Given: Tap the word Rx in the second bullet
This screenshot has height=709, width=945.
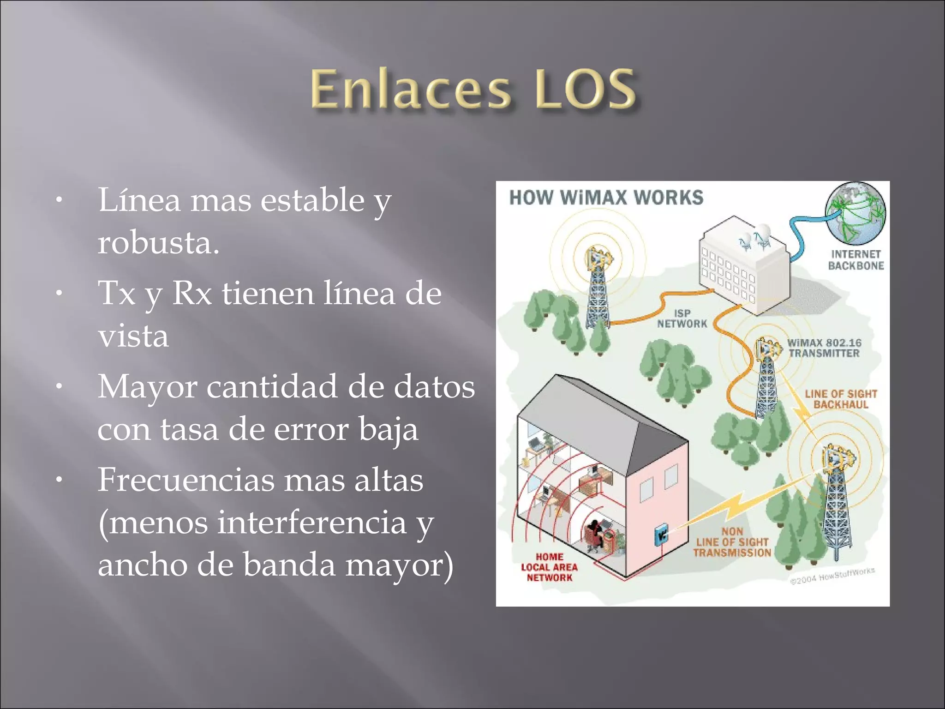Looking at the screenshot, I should (x=192, y=294).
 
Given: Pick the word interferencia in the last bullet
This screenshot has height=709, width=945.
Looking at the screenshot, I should (x=311, y=523).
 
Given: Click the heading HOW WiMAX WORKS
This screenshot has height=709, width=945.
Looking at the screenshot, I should (x=606, y=198).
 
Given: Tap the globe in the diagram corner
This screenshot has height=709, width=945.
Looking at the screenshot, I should (x=855, y=213).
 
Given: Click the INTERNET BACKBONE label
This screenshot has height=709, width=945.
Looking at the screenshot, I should (x=855, y=260).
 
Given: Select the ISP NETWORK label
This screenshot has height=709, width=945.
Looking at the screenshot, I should (x=682, y=318).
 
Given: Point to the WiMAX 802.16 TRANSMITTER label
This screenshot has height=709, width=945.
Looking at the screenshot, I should (x=824, y=348).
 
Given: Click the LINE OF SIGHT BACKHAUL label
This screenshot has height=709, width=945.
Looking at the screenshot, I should (x=841, y=399).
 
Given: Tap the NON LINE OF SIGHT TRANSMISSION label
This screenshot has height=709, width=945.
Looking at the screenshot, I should (x=732, y=542).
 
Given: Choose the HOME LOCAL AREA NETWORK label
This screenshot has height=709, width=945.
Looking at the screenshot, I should (x=549, y=567).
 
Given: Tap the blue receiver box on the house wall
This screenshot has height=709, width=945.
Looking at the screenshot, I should (x=662, y=535).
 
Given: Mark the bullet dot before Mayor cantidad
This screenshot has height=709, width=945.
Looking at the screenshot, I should (x=59, y=387).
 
